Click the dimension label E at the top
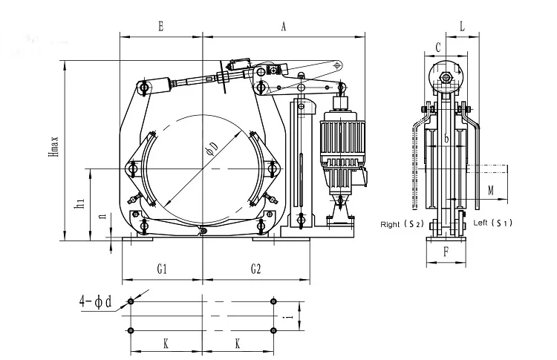[160, 26]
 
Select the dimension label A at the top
[284, 26]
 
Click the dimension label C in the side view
[438, 46]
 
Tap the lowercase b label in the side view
[446, 138]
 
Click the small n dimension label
[102, 220]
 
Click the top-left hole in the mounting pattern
[131, 301]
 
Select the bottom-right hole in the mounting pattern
[274, 330]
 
